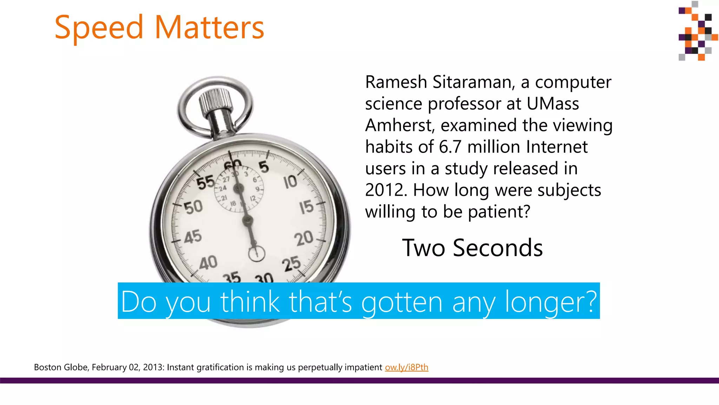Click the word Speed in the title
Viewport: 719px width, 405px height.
point(99,28)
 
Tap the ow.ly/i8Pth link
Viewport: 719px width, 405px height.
point(407,367)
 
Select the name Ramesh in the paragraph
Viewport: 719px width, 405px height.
point(396,82)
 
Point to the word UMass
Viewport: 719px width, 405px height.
point(553,104)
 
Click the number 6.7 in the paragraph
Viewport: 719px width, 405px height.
point(450,147)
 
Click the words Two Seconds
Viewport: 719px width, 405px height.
point(472,248)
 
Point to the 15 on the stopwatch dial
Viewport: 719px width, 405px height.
point(306,207)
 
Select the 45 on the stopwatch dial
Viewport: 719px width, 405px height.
point(193,237)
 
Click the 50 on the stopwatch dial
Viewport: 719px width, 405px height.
point(193,207)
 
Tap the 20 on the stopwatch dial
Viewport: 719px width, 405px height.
point(304,238)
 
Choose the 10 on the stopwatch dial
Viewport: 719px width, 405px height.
point(290,182)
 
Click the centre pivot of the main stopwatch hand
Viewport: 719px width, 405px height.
point(248,221)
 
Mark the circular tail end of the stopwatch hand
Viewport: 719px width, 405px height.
point(257,253)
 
